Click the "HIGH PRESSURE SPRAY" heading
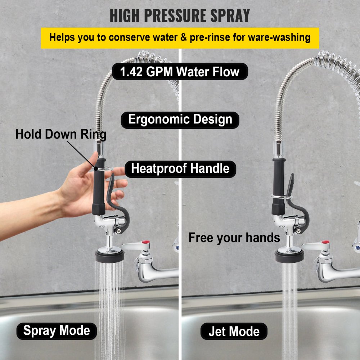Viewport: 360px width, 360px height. click(x=180, y=15)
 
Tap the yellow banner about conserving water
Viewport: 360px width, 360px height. click(x=180, y=38)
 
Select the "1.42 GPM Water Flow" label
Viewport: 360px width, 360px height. click(x=180, y=72)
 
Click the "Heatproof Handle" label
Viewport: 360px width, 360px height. click(x=180, y=168)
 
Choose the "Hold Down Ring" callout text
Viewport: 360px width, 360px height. click(x=61, y=135)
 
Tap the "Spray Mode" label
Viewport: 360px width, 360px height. click(x=57, y=330)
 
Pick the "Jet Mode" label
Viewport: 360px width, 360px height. click(x=234, y=331)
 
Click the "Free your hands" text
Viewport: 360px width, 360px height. click(x=234, y=238)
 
